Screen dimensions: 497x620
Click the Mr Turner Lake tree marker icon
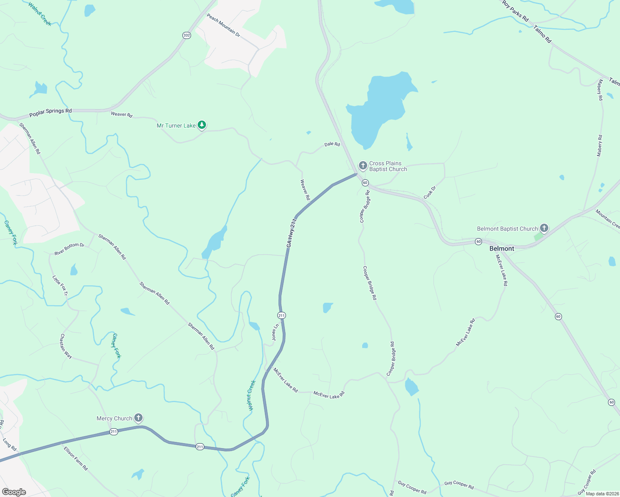pyautogui.click(x=202, y=125)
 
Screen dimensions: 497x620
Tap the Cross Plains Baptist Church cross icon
pyautogui.click(x=363, y=166)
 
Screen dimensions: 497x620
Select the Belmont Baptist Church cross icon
pyautogui.click(x=544, y=228)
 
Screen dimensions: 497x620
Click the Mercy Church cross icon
pyautogui.click(x=139, y=417)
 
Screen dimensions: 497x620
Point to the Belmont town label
pyautogui.click(x=501, y=248)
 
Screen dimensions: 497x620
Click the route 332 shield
pyautogui.click(x=186, y=35)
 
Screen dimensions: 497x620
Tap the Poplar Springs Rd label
pyautogui.click(x=51, y=112)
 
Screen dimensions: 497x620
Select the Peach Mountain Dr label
pyautogui.click(x=223, y=25)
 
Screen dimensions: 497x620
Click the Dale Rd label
pyautogui.click(x=332, y=144)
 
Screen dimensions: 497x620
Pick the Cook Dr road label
pyautogui.click(x=430, y=193)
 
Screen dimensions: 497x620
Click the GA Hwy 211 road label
pyautogui.click(x=292, y=233)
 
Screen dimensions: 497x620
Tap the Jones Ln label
pyautogui.click(x=275, y=332)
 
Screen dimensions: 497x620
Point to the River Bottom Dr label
pyautogui.click(x=69, y=249)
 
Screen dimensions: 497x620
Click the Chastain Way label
pyautogui.click(x=66, y=346)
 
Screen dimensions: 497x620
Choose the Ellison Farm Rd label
pyautogui.click(x=75, y=458)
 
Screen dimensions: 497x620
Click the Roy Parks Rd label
pyautogui.click(x=515, y=11)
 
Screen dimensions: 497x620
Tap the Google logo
pyautogui.click(x=14, y=492)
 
